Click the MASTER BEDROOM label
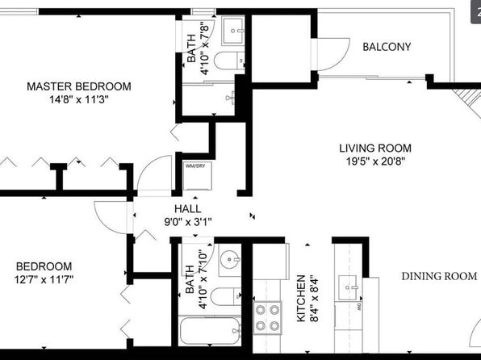tap(79, 86)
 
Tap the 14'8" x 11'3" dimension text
tap(79, 99)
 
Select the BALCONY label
tap(387, 47)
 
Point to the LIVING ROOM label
tap(375, 149)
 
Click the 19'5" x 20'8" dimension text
tap(375, 161)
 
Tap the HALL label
tap(188, 209)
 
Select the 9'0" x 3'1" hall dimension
tap(188, 222)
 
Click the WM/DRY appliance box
tap(197, 176)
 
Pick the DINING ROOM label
tap(439, 276)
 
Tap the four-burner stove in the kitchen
tap(267, 318)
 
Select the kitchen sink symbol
tap(348, 288)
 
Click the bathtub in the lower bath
tap(210, 331)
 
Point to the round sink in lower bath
tap(230, 260)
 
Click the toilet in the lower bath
tap(226, 296)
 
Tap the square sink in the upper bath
tap(233, 31)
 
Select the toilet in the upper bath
tap(229, 61)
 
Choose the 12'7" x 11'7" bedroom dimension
tap(44, 279)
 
